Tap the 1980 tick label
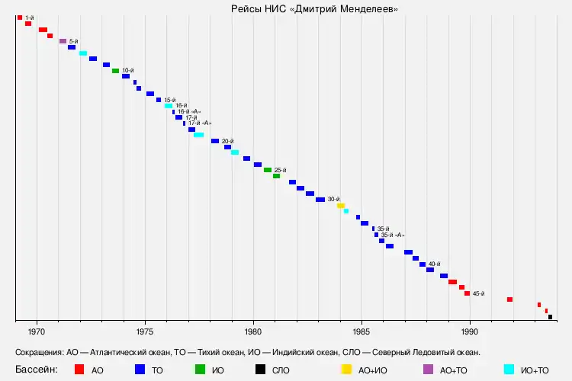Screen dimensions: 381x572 253,331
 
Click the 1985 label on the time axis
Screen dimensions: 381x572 362,331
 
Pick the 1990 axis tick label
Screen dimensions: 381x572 470,331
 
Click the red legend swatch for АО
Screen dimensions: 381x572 79,370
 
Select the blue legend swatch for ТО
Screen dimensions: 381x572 140,370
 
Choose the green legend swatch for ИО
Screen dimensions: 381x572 200,370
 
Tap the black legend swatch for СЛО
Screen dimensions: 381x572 260,370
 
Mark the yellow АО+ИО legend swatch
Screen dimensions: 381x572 346,370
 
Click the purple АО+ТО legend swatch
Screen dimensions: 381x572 428,370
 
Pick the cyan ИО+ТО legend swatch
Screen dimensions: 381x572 508,370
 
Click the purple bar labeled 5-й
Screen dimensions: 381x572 63,41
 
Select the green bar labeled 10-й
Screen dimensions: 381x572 115,71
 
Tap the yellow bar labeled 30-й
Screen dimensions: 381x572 341,205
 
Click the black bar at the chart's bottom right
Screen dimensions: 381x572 550,317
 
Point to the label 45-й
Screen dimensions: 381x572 478,293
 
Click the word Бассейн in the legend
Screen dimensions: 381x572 37,370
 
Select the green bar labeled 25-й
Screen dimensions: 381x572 268,170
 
